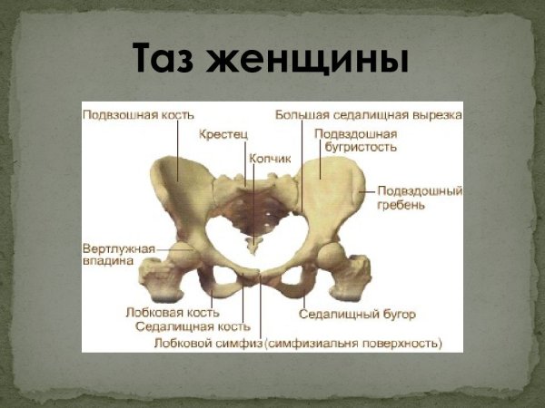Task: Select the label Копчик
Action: [x=270, y=158]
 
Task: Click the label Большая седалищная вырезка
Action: [x=369, y=115]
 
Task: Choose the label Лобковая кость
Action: [x=173, y=311]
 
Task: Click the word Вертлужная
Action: [x=119, y=247]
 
